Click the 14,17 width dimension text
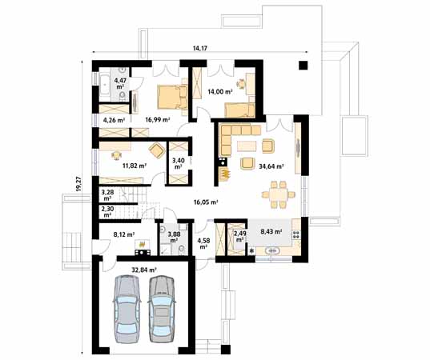tap(201, 49)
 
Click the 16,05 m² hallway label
tap(206, 202)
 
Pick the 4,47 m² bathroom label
tap(121, 83)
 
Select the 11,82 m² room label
tap(134, 166)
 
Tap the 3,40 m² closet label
tap(178, 163)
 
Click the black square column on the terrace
tap(303, 65)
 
